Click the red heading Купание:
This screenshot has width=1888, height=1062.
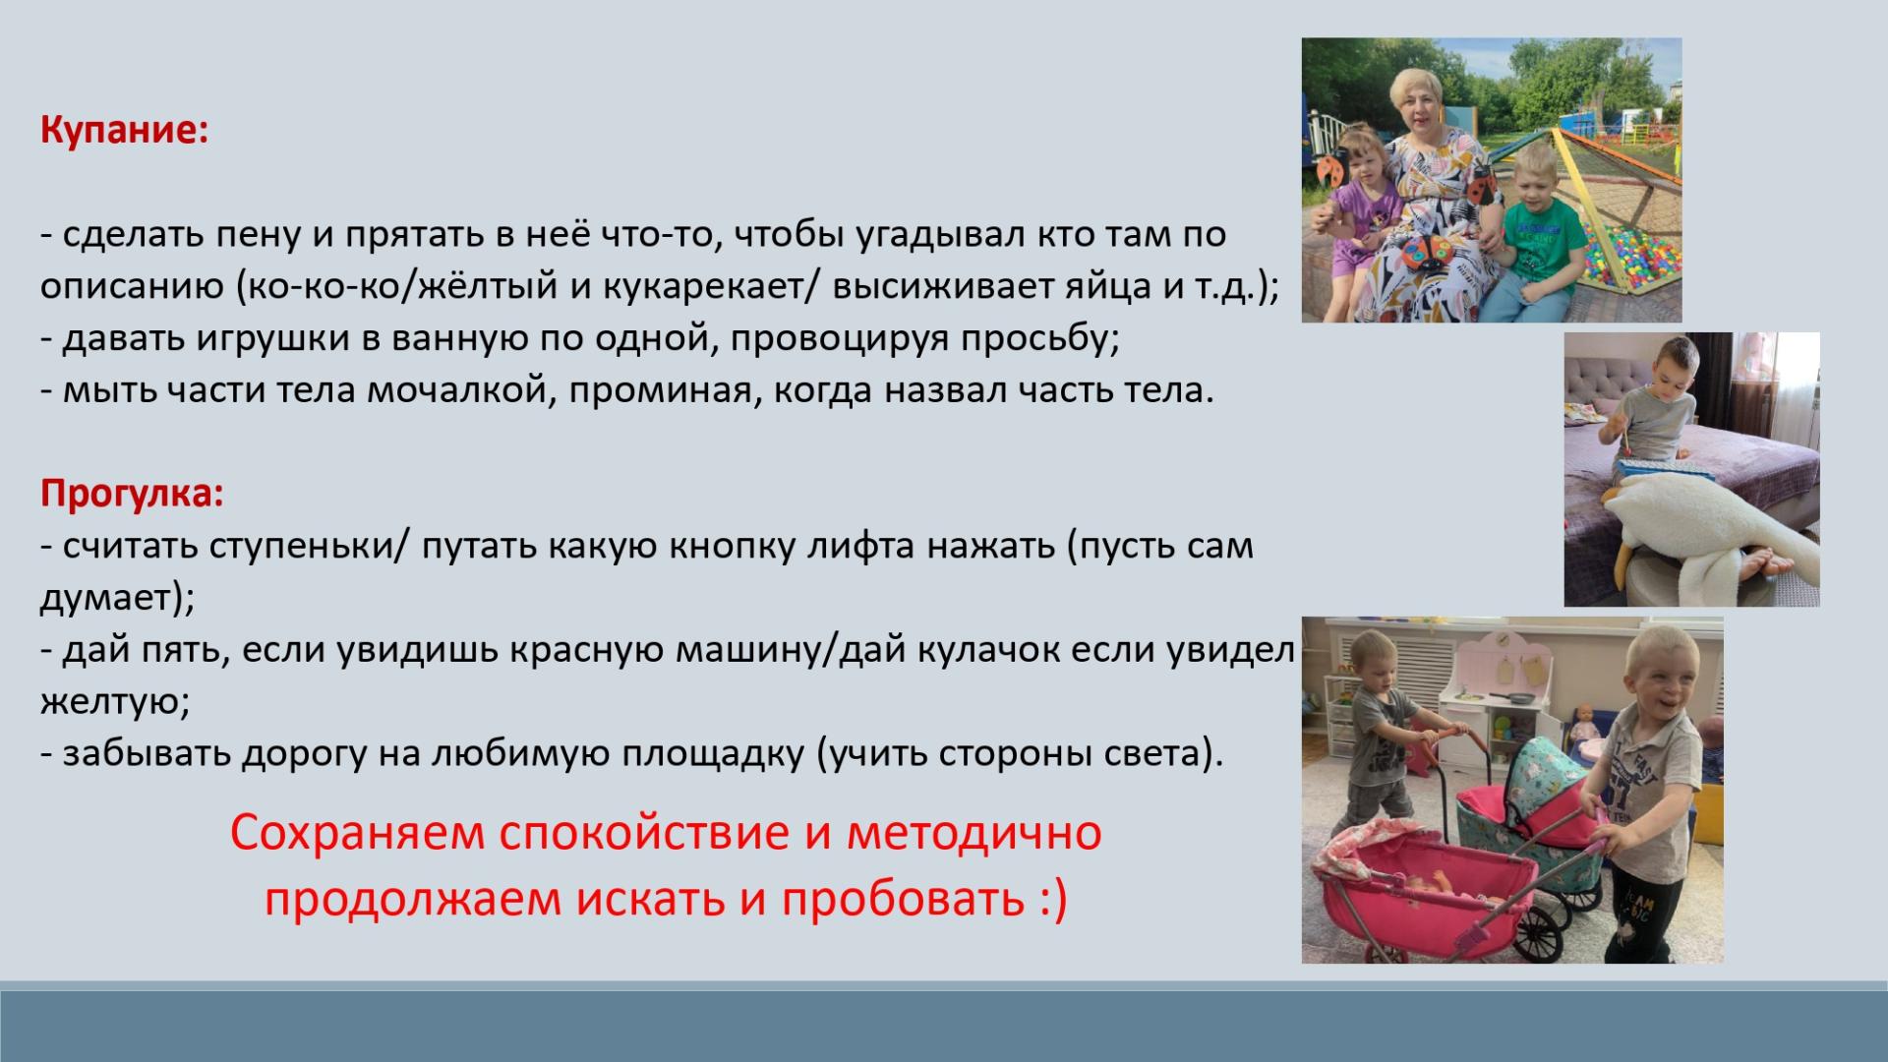tap(124, 131)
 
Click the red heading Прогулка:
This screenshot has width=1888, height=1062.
tap(132, 494)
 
